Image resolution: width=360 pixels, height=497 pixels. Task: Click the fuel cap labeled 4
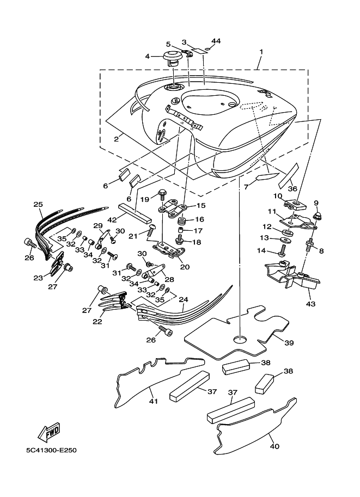173,58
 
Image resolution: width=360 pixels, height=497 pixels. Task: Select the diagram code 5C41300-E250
51,450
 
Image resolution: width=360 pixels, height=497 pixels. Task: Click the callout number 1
261,51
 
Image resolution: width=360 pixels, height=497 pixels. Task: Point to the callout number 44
216,41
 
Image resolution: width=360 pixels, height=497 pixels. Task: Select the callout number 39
289,343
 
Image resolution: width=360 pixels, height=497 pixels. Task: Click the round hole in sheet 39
240,340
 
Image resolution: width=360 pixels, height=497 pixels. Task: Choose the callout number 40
274,446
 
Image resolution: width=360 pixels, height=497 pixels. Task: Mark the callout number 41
154,401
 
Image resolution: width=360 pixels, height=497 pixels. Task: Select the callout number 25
38,205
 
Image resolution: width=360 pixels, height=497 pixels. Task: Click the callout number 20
185,267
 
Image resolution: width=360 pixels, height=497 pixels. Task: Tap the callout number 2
117,139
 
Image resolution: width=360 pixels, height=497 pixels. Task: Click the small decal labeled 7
267,176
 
